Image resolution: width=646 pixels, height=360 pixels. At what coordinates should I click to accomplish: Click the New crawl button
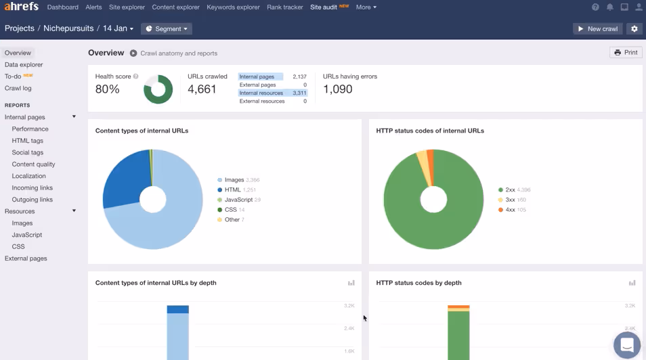tap(597, 29)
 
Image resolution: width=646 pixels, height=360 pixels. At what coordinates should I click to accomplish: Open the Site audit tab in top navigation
tap(324, 7)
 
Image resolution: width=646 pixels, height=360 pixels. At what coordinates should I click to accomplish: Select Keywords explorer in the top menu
tap(233, 7)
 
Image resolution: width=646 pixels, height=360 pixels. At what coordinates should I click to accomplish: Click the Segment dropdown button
tap(167, 29)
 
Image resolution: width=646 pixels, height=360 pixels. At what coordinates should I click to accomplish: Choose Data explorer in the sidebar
tap(24, 65)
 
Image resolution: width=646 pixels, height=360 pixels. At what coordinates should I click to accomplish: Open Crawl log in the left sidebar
tap(18, 89)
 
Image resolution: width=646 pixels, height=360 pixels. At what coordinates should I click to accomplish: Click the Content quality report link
tap(33, 164)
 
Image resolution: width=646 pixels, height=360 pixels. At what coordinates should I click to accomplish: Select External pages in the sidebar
tap(26, 258)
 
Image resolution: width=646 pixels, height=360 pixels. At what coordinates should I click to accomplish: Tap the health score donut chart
tap(158, 89)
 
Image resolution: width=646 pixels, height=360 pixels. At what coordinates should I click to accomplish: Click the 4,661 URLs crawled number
tap(202, 89)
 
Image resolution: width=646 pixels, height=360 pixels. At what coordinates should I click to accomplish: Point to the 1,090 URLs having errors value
tap(337, 89)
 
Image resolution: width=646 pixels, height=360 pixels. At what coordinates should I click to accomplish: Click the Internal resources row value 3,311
tap(299, 93)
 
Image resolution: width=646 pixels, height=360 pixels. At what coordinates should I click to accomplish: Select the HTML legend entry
tap(232, 190)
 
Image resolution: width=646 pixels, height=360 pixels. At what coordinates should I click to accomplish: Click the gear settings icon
tap(634, 29)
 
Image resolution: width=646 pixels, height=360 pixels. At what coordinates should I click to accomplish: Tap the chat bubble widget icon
tap(626, 344)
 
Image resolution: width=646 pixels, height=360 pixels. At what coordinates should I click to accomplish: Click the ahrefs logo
tap(22, 7)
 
